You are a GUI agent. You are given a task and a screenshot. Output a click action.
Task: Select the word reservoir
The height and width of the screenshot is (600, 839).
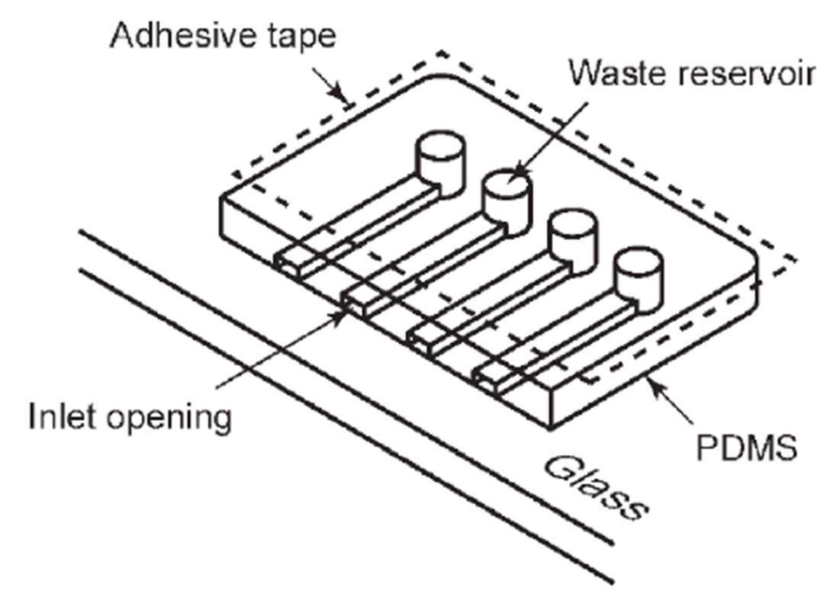pyautogui.click(x=752, y=73)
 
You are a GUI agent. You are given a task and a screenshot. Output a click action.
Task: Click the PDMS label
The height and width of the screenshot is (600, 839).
pyautogui.click(x=747, y=448)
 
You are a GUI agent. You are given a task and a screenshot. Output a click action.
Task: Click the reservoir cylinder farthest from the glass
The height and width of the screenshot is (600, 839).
pyautogui.click(x=440, y=161)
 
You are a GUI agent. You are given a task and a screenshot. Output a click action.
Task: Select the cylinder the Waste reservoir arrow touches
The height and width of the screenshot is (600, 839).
pyautogui.click(x=506, y=197)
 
